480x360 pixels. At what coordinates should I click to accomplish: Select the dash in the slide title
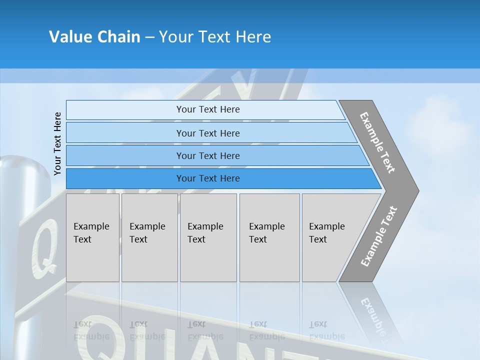[x=149, y=37]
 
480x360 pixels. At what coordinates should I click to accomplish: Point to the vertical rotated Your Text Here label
[x=57, y=143]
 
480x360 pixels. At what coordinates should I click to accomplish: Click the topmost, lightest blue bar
[x=208, y=109]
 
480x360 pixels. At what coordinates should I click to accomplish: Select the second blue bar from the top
[x=208, y=133]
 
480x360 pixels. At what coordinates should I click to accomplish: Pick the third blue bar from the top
[x=208, y=155]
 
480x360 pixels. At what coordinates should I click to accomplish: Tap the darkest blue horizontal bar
[x=208, y=178]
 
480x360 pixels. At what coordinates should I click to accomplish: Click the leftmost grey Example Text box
[x=92, y=237]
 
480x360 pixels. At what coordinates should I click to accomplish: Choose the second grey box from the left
[x=149, y=237]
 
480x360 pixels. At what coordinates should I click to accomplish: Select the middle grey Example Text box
[x=208, y=237]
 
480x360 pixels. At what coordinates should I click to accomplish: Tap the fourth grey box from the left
[x=269, y=237]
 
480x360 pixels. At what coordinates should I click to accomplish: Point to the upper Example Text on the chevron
[x=377, y=142]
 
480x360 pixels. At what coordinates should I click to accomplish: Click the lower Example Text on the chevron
[x=378, y=236]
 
